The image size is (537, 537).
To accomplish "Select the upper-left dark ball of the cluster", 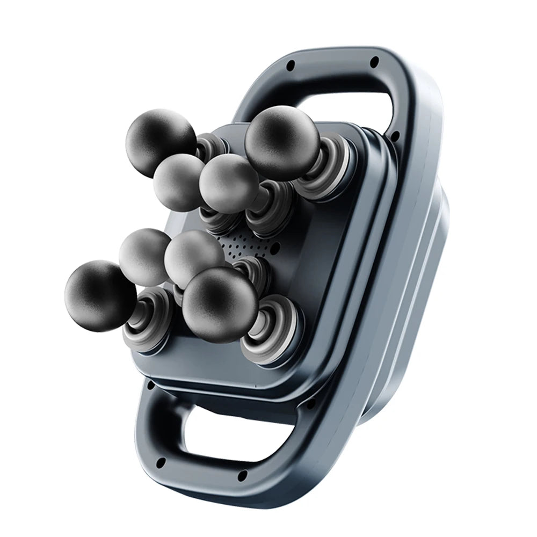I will tap(159, 136).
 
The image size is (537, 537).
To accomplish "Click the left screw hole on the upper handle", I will tap(291, 66).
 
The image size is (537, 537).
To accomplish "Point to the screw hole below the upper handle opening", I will tap(395, 136).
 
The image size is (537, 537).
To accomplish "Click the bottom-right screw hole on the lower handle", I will tap(242, 474).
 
